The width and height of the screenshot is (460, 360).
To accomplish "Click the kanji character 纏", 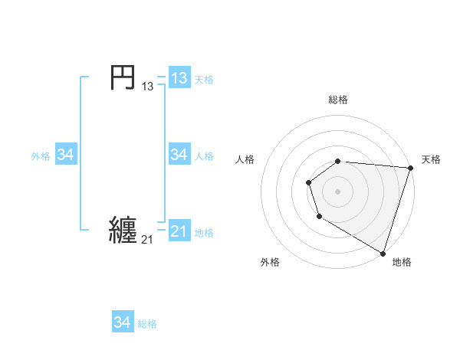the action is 123,230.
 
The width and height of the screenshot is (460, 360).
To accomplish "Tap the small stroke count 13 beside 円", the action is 147,87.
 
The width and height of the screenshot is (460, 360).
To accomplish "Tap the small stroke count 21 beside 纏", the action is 147,240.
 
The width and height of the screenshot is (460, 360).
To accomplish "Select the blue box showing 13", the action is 179,78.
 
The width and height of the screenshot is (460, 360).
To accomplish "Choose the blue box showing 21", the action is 179,231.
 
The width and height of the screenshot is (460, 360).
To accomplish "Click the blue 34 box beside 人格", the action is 179,155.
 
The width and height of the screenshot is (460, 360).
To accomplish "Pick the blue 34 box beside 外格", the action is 65,155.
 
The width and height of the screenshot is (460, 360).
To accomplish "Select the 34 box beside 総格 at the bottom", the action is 122,322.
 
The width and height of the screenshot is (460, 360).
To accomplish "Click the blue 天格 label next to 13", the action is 204,80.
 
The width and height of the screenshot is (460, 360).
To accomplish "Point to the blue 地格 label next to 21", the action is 204,233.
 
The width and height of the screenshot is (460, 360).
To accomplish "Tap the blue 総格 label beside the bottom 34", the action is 147,324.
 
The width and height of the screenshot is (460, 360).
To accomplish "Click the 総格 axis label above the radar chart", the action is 338,100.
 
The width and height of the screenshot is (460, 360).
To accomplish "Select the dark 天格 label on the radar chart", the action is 431,159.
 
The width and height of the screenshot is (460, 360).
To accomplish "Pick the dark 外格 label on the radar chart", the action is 270,262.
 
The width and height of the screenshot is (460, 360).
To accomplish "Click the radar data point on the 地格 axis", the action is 383,252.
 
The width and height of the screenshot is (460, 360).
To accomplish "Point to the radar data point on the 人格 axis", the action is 308,182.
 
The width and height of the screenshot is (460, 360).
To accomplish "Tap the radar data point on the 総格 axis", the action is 338,161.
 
